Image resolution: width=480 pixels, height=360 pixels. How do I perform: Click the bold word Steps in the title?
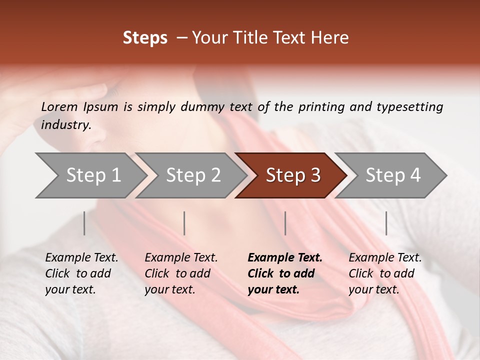[x=145, y=38]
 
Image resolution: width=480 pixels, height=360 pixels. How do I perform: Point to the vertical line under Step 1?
[x=84, y=223]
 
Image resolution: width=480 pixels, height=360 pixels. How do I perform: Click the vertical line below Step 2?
[x=184, y=223]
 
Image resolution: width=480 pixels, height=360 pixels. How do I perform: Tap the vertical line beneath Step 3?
[x=285, y=223]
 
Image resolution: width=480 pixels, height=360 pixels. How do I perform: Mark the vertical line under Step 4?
[x=386, y=223]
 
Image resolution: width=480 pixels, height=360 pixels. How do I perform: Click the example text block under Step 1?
[x=81, y=273]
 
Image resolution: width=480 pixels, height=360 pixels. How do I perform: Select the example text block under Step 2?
[x=181, y=273]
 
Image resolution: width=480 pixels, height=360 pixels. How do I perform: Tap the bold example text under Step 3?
[x=285, y=273]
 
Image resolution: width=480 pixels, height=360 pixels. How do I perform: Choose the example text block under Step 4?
[x=385, y=273]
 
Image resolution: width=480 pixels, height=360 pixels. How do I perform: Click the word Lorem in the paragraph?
[x=59, y=106]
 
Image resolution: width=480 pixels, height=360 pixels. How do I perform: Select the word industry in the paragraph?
[x=66, y=125]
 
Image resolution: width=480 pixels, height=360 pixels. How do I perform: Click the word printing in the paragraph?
[x=321, y=106]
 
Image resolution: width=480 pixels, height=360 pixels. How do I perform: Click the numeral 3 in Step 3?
[x=315, y=175]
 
